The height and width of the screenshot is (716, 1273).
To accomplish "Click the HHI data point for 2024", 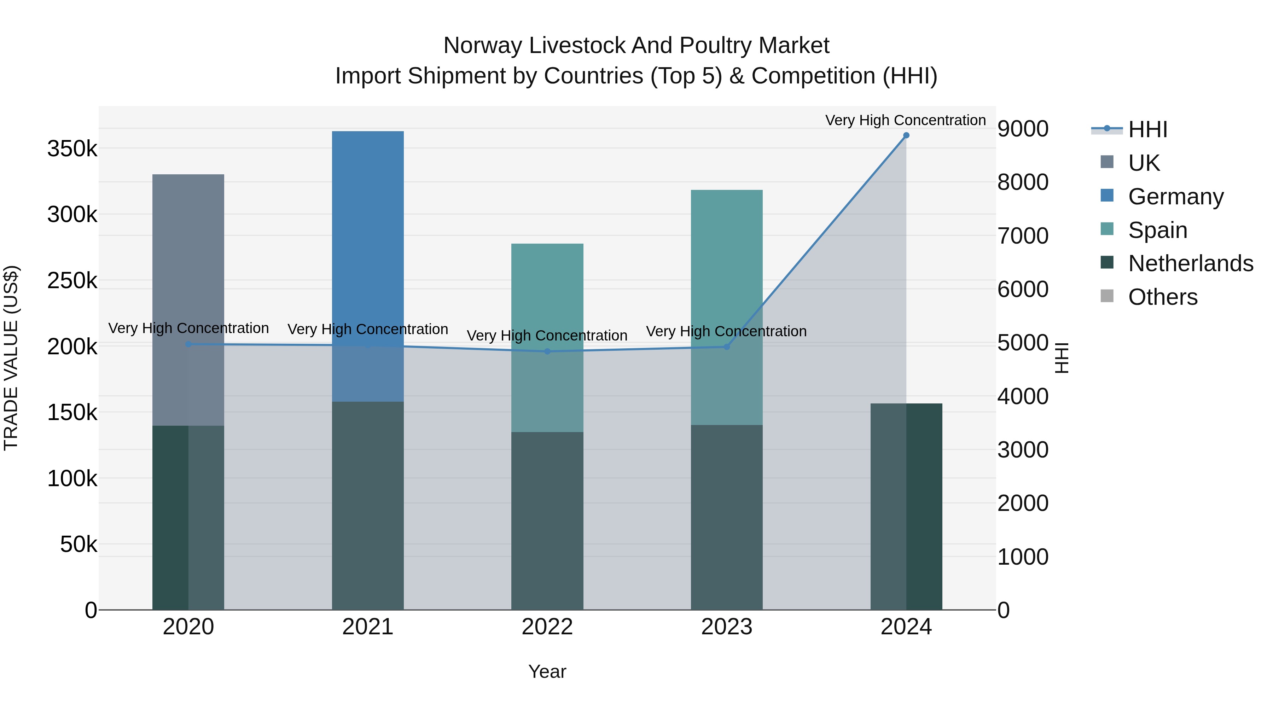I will tap(906, 135).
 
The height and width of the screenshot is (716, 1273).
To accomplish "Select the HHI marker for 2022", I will tap(547, 351).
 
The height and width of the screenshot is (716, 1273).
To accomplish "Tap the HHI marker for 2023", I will tap(726, 347).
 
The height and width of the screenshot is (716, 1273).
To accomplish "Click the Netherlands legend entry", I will tap(1190, 263).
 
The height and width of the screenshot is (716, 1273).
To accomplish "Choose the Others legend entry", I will tap(1162, 297).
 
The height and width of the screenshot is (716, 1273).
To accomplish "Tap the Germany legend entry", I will tap(1175, 197).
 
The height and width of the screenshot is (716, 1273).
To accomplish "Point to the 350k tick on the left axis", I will tap(72, 149).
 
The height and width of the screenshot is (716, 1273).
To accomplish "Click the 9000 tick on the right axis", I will tap(1022, 129).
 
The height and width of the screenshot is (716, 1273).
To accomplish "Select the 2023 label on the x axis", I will tap(726, 627).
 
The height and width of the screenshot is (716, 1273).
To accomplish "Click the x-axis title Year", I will tap(547, 671).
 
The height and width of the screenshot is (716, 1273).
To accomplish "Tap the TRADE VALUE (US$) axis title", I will tap(11, 358).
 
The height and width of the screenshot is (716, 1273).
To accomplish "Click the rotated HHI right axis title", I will tap(1062, 358).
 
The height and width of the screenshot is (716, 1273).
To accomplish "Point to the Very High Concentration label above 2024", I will tap(905, 120).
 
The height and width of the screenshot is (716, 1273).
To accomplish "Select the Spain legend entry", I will tap(1157, 230).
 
